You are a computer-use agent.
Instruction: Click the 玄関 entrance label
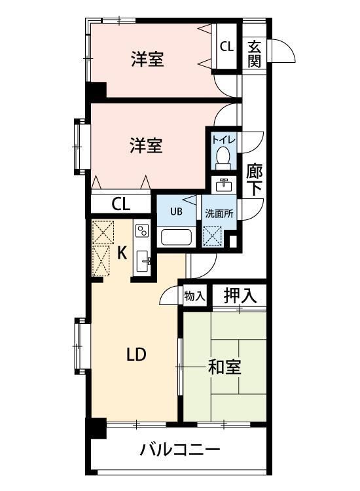click(x=255, y=54)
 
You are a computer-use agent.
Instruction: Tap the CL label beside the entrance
click(x=226, y=46)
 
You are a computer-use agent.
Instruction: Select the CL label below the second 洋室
click(x=120, y=204)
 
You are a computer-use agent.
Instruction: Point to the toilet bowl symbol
click(x=223, y=156)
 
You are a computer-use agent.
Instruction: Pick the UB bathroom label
click(x=176, y=211)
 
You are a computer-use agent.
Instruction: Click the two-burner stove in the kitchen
click(x=142, y=230)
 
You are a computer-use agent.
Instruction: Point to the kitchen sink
click(x=142, y=263)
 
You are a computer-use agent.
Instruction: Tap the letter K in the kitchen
click(x=121, y=253)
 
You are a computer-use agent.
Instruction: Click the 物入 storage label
click(x=194, y=296)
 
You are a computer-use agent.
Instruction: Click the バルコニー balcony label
click(x=179, y=450)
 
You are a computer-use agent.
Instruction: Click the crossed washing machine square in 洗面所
click(x=212, y=235)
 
